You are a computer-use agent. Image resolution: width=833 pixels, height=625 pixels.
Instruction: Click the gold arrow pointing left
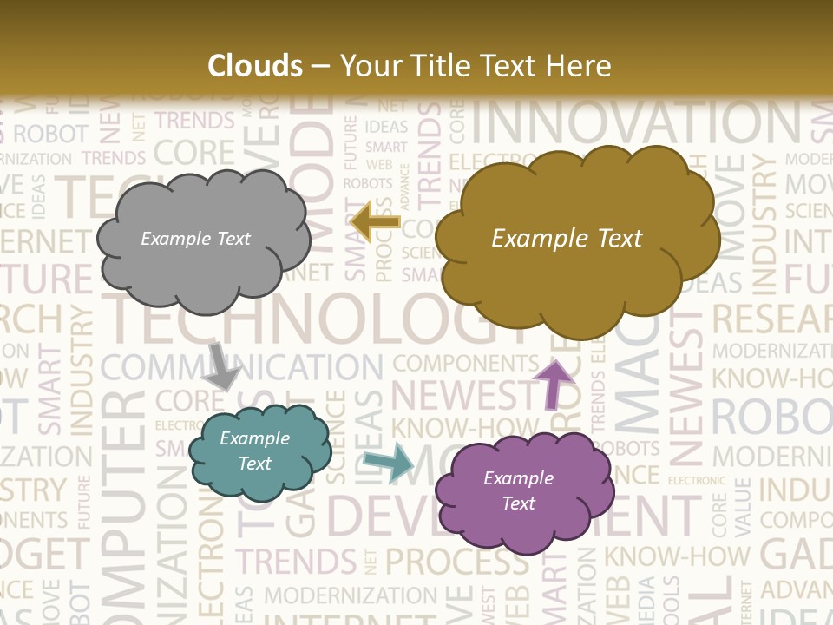tap(375, 222)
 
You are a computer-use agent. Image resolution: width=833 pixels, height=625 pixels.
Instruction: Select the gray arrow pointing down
tap(222, 365)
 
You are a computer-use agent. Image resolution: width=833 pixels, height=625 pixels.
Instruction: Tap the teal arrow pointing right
tap(390, 462)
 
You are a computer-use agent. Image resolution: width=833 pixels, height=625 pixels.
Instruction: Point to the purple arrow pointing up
tap(554, 383)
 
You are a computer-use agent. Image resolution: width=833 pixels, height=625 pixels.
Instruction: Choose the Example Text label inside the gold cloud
tap(567, 239)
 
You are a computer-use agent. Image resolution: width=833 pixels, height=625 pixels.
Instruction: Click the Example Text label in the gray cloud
tap(195, 239)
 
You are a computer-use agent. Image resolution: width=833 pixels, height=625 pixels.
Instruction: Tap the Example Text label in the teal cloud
tap(254, 451)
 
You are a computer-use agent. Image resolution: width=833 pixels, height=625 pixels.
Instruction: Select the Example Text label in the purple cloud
tap(518, 490)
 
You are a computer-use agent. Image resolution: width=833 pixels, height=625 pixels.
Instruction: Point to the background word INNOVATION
tap(642, 126)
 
